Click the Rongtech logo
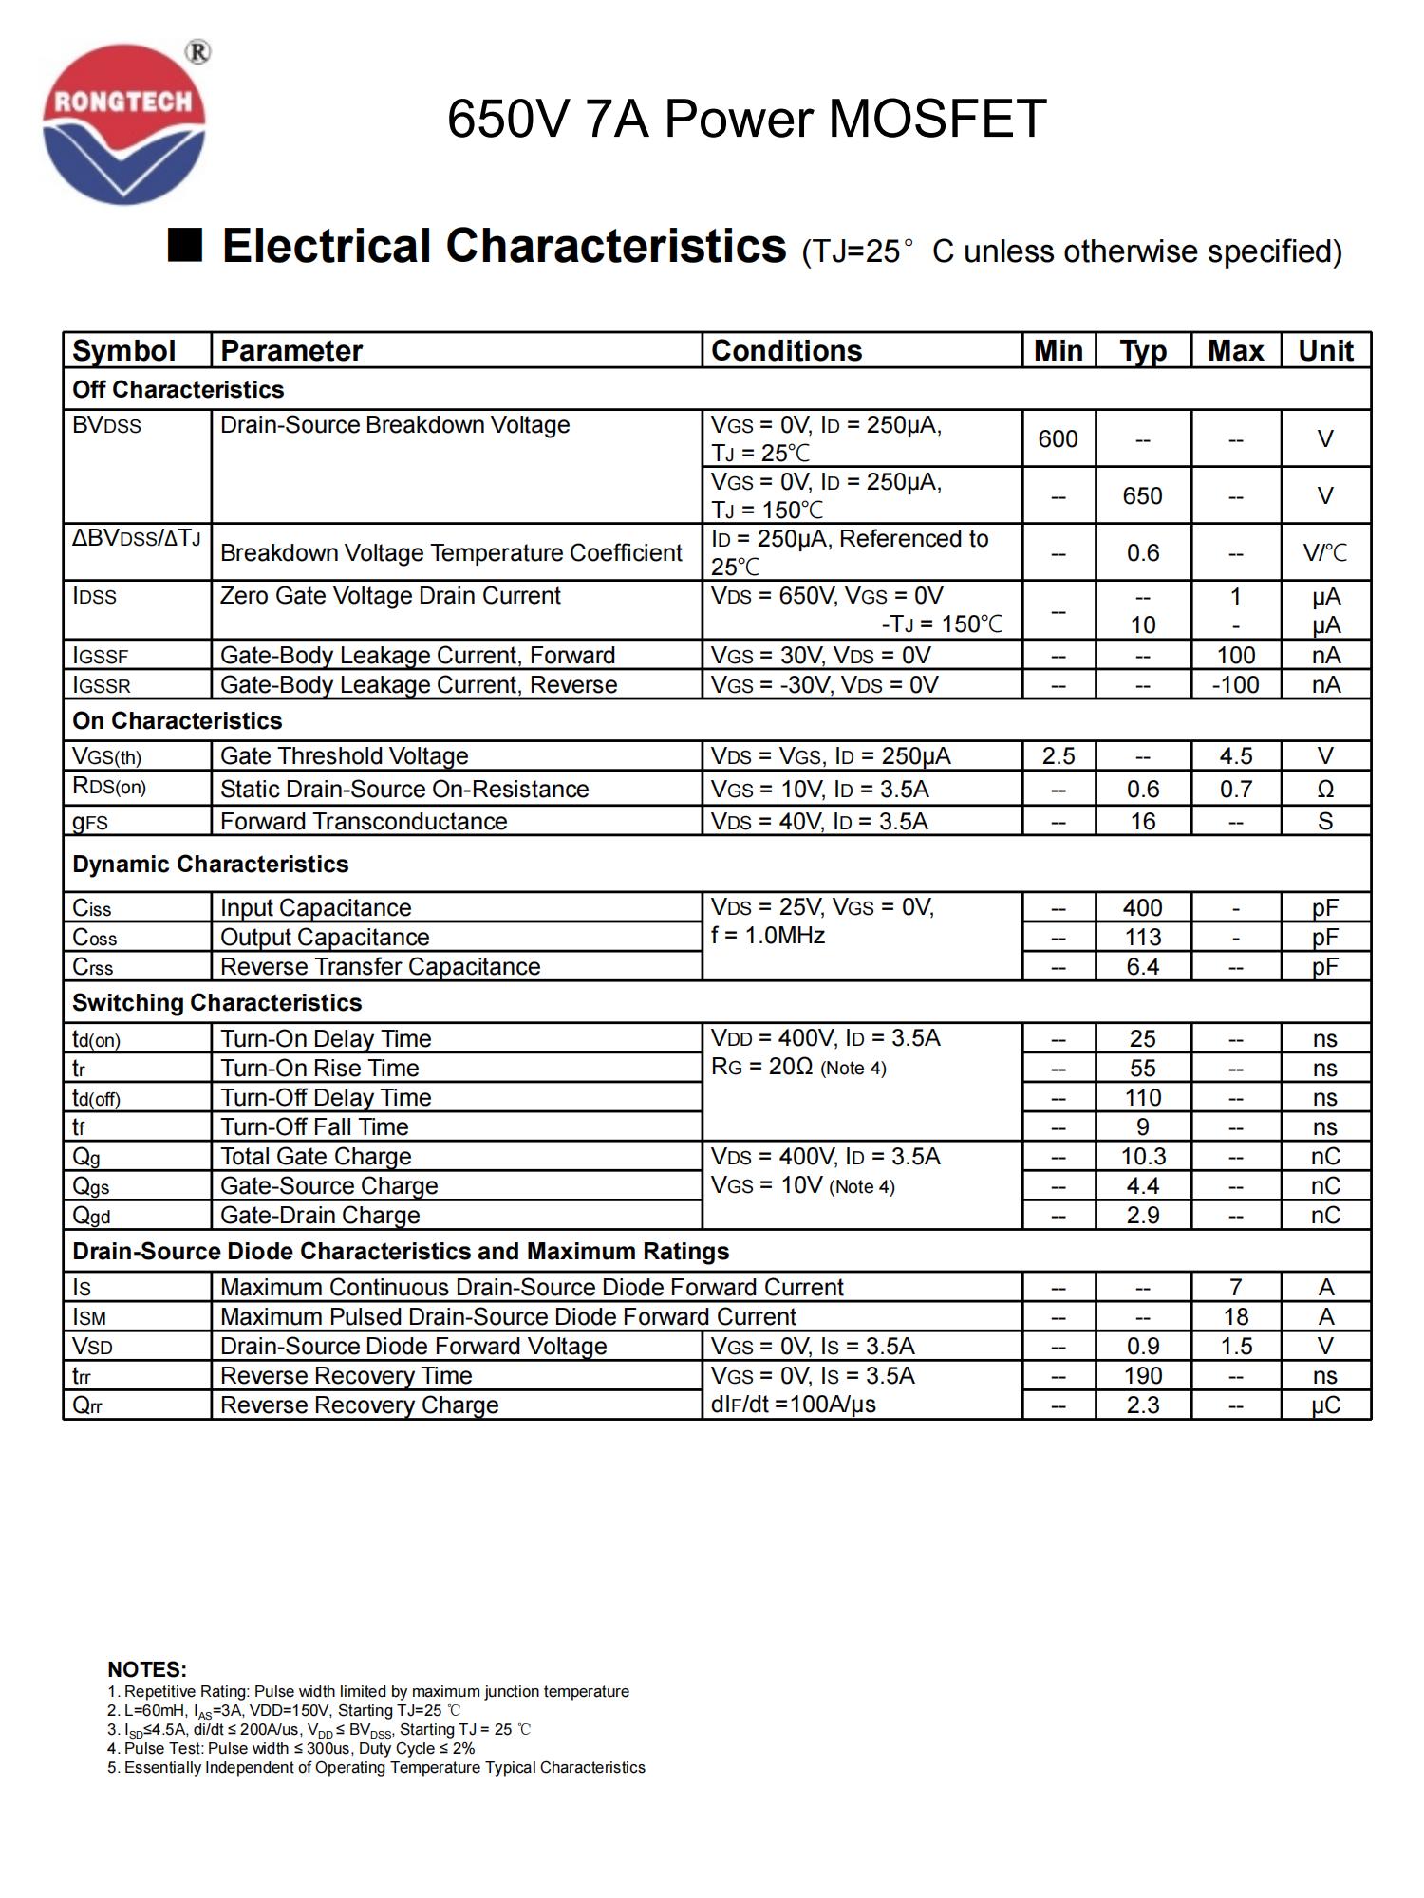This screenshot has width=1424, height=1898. coord(124,123)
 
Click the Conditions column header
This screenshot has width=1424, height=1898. coord(786,351)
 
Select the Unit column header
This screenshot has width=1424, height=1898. coord(1325,351)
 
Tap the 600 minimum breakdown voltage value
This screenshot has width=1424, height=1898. coord(1058,439)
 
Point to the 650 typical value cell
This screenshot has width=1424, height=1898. coord(1142,496)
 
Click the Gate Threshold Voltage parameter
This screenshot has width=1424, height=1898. coord(344,756)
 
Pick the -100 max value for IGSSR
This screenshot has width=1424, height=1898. coord(1235,685)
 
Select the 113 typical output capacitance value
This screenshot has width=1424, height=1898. coord(1142,938)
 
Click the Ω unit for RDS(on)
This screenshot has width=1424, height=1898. coord(1325,790)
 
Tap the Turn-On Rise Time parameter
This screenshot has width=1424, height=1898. coord(319,1069)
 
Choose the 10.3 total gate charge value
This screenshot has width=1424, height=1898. coord(1142,1157)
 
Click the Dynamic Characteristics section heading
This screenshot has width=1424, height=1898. coord(210,865)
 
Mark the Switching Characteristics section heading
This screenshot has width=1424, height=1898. coord(216,1003)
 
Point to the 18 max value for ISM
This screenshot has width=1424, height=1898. coord(1235,1317)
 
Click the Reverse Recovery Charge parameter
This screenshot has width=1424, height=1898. coord(359,1405)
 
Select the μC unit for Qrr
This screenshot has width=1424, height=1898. coord(1325,1405)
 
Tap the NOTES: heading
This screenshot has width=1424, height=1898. coord(147,1669)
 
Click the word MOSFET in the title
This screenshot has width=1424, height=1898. coord(937,120)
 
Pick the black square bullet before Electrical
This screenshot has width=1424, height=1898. coord(185,245)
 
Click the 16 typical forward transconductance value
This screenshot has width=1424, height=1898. coord(1142,822)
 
